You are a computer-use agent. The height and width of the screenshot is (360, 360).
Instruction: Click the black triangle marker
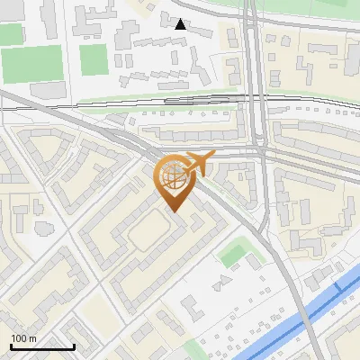(x=181, y=24)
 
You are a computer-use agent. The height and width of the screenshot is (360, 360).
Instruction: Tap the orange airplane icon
(x=198, y=163)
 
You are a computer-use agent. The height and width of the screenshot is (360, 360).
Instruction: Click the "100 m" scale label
(x=23, y=338)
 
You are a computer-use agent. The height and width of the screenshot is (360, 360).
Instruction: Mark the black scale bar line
(x=42, y=346)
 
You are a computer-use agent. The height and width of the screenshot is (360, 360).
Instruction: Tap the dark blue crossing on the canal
(x=338, y=286)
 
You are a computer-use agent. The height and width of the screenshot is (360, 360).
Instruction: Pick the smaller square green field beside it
(x=94, y=59)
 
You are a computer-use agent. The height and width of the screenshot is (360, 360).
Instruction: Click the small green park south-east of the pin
(x=235, y=254)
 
